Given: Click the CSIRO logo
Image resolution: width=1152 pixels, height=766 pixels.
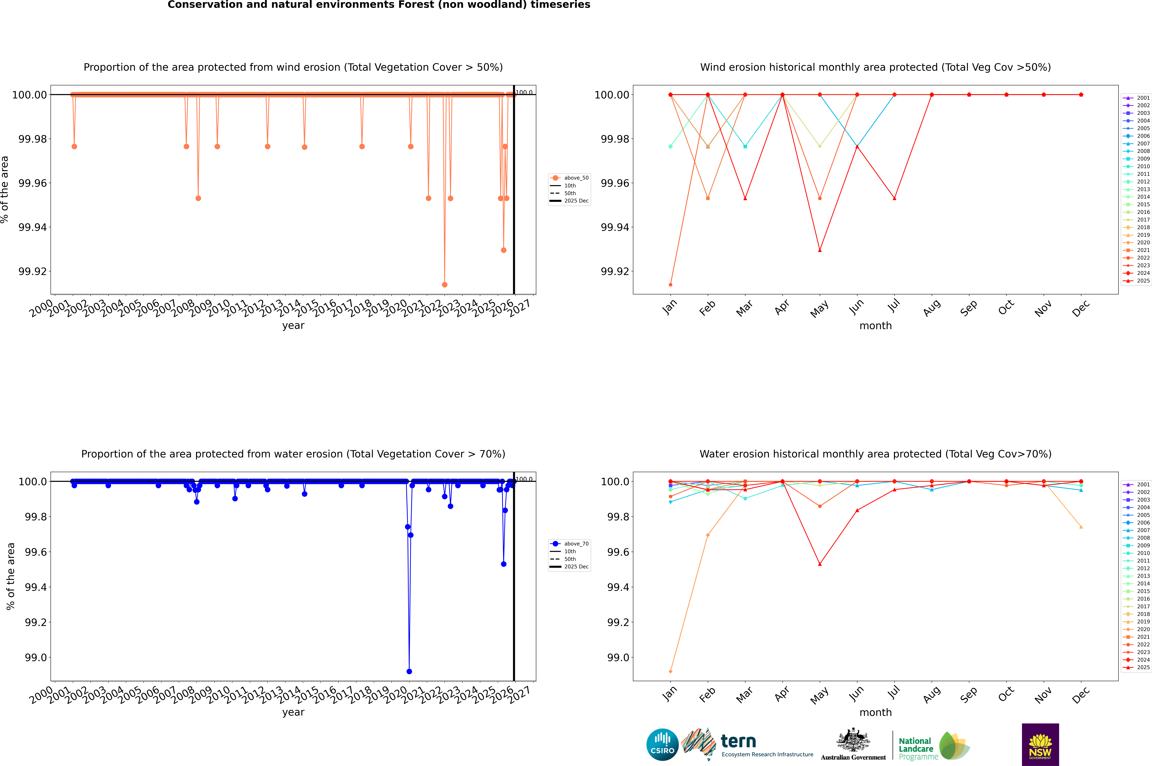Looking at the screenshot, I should click(662, 745).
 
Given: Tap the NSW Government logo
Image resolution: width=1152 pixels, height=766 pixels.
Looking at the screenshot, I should click(1040, 745).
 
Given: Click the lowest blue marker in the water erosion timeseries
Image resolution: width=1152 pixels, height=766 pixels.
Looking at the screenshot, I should click(409, 671).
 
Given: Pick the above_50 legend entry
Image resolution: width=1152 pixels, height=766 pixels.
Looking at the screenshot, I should click(569, 178).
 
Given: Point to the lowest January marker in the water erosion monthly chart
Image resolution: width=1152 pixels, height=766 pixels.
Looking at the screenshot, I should click(671, 671).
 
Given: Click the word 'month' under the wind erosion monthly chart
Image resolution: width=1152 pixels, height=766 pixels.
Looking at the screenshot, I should click(876, 326).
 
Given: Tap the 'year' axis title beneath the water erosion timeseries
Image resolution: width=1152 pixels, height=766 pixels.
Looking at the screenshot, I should click(293, 712).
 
